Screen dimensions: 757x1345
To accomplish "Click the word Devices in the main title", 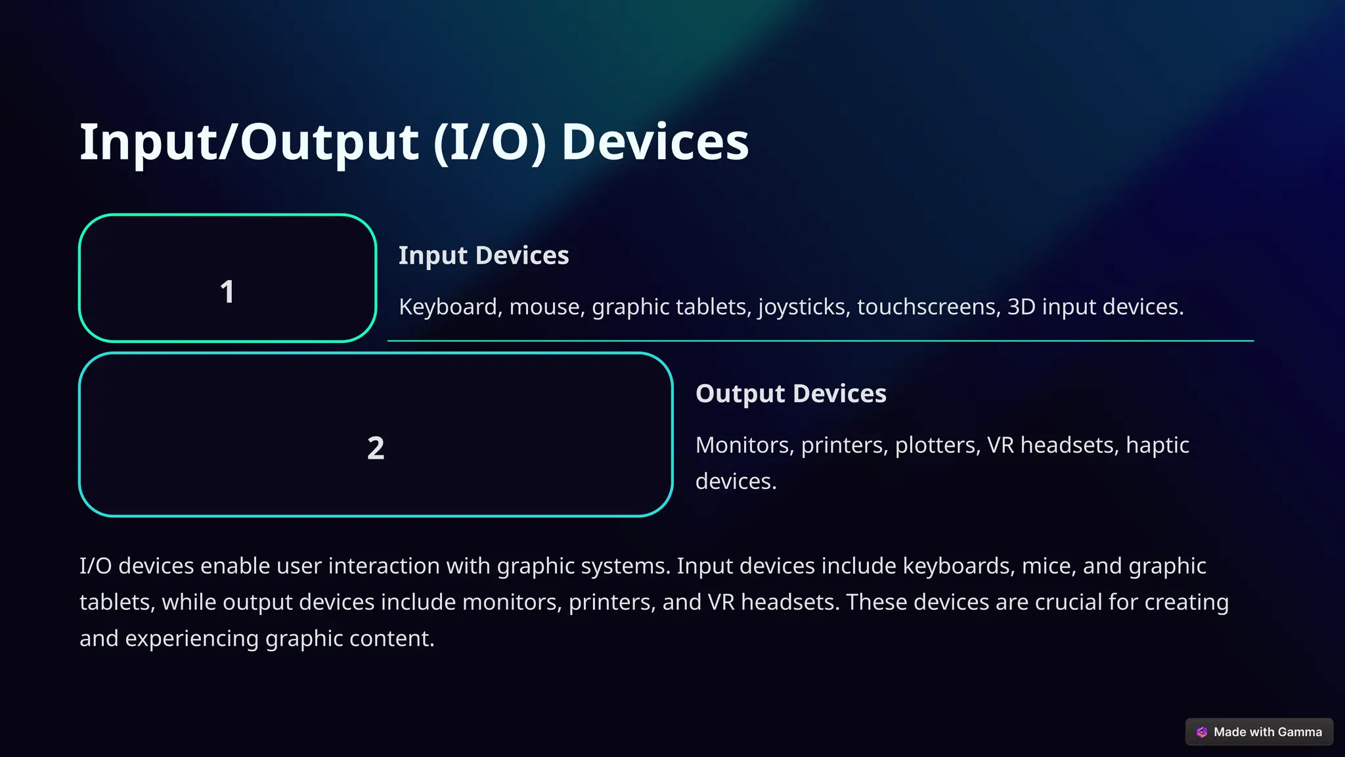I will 655,142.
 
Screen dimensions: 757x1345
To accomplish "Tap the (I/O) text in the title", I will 489,142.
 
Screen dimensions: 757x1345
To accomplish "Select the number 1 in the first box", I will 227,292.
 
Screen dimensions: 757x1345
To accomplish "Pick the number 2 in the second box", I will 376,448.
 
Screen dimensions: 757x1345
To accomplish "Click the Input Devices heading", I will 483,256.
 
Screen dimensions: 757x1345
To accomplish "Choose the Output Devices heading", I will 791,394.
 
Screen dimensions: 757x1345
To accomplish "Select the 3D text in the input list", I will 1021,307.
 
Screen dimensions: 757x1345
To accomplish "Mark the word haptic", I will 1157,446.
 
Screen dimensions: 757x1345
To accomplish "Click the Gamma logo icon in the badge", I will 1202,732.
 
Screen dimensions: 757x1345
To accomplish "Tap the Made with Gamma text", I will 1268,732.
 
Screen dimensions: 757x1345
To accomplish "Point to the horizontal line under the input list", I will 820,341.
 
